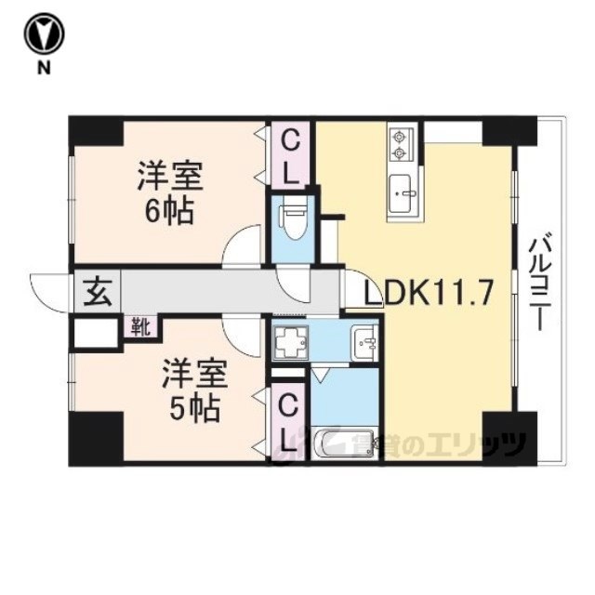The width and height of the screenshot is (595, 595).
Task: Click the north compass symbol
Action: (x=44, y=34)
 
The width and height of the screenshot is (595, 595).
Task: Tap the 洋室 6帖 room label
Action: (x=169, y=192)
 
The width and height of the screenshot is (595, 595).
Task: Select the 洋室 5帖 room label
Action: (x=194, y=391)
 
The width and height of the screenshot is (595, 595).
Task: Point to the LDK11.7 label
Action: (x=429, y=292)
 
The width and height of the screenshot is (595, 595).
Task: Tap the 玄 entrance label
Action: (x=98, y=293)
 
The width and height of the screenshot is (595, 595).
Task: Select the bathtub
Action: (x=345, y=443)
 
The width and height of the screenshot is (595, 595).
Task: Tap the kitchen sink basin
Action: (x=403, y=193)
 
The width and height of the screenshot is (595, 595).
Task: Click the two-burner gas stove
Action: (x=403, y=144)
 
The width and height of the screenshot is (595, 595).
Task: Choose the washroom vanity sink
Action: (x=365, y=343)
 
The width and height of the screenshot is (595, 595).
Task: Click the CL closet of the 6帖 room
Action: (x=291, y=155)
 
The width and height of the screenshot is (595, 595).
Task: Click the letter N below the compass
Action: (x=44, y=68)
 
